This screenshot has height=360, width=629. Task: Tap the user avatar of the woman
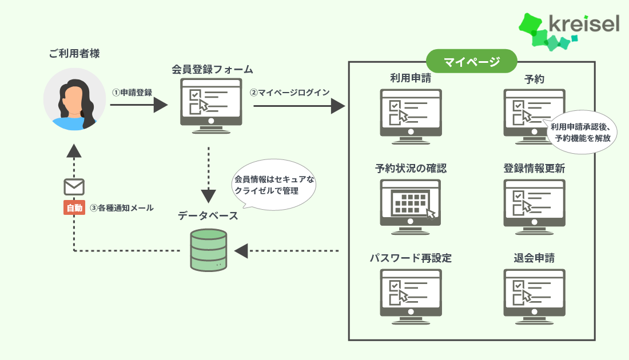point(75,99)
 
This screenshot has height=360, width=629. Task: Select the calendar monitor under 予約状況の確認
point(410,203)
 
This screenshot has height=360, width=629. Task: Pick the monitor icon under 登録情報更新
point(534,203)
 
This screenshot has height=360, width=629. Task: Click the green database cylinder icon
point(208,250)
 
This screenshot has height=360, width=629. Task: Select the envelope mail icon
point(74,187)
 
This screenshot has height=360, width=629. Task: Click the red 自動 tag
point(74,208)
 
